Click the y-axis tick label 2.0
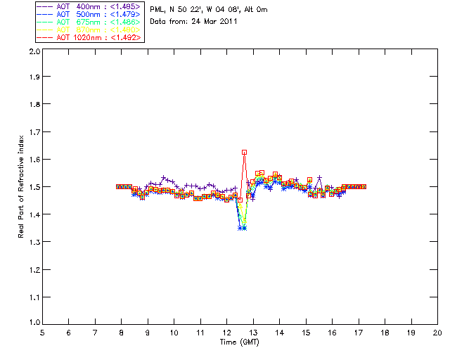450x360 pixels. click(32, 52)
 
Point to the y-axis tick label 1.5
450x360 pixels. click(32, 187)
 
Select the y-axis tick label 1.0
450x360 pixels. click(32, 323)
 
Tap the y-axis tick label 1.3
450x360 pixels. click(32, 242)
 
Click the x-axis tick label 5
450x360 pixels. click(42, 333)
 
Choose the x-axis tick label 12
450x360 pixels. click(226, 333)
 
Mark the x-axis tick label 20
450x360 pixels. click(437, 333)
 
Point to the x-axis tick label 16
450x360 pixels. click(332, 333)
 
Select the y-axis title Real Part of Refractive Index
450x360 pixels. click(22, 186)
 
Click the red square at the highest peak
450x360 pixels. click(244, 152)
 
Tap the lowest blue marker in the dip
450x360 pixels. click(242, 228)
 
